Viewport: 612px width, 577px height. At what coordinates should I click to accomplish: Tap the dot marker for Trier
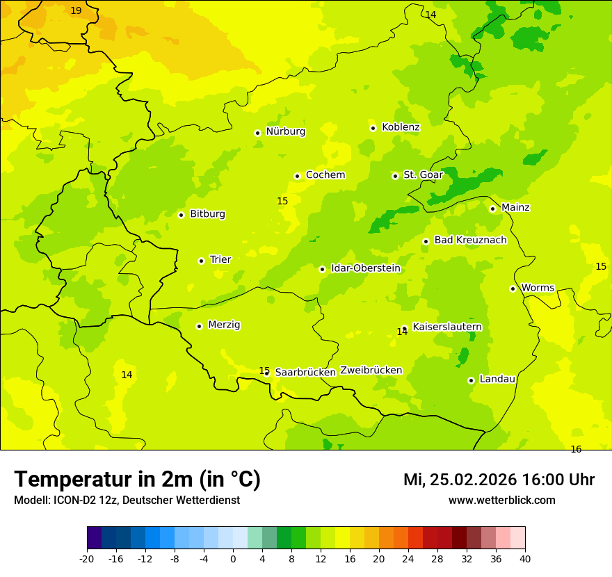click(x=201, y=261)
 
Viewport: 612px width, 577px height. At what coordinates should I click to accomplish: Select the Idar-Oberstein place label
click(x=366, y=268)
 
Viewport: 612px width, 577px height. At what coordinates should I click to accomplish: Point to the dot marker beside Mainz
click(x=492, y=209)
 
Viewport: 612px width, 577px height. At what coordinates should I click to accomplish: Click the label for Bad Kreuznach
click(x=470, y=241)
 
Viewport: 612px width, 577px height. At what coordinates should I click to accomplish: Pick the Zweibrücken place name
click(x=371, y=371)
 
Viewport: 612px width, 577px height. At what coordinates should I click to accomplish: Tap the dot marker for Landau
click(x=471, y=380)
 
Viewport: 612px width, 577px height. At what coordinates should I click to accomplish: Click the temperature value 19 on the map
click(x=76, y=11)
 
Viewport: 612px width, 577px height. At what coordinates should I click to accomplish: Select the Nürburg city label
click(x=285, y=131)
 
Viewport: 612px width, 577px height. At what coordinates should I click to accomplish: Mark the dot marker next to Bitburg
click(x=181, y=215)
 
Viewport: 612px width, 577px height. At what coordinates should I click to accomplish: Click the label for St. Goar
click(x=423, y=175)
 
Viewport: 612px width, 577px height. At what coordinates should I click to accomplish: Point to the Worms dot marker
click(x=513, y=288)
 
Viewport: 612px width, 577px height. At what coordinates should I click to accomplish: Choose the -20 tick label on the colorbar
click(x=87, y=558)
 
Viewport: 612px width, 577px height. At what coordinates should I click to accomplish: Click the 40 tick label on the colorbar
click(x=525, y=558)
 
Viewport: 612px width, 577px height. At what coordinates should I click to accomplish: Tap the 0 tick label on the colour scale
click(x=233, y=558)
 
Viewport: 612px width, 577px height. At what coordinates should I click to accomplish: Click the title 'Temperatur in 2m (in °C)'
click(x=137, y=480)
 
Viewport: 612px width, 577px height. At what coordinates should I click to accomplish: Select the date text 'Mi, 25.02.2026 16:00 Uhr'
click(x=499, y=480)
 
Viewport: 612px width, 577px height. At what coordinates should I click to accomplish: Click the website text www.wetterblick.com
click(x=501, y=501)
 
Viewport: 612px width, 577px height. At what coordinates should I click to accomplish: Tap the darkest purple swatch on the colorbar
click(x=94, y=538)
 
